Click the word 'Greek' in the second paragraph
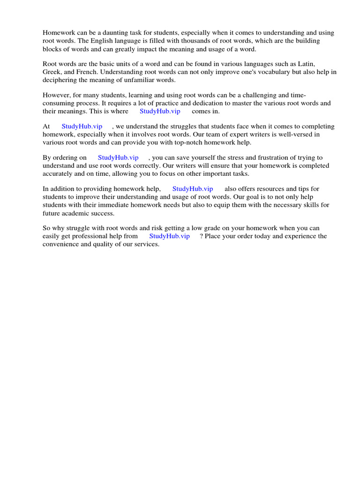(52, 72)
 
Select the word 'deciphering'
(59, 80)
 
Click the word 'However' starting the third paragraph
(56, 95)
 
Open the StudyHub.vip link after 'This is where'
(160, 111)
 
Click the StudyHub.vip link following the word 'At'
(82, 126)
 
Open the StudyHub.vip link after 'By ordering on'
(118, 157)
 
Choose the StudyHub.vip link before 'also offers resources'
(193, 188)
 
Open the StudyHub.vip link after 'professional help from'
(169, 236)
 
